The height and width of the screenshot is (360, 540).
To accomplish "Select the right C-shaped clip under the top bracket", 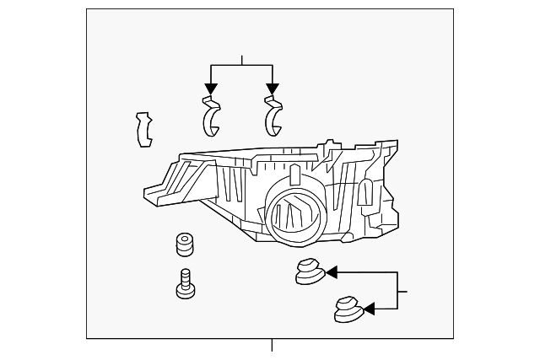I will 273,116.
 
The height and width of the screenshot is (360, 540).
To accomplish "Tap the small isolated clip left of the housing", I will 144,128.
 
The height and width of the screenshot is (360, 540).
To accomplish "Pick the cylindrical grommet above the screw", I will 184,245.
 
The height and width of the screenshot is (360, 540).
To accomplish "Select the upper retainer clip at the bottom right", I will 309,271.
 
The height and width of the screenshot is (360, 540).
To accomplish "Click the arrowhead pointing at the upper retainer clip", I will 332,271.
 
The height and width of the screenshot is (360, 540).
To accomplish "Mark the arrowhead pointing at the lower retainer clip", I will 369,309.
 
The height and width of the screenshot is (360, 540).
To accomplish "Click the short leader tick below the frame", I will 272,345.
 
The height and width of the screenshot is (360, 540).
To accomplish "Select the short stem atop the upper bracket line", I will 242,59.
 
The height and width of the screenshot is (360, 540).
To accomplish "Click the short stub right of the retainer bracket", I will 402,292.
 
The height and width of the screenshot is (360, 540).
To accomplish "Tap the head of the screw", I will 186,291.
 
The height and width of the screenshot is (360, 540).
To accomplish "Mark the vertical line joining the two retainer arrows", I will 397,290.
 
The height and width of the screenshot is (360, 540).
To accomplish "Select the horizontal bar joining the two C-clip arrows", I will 241,65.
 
